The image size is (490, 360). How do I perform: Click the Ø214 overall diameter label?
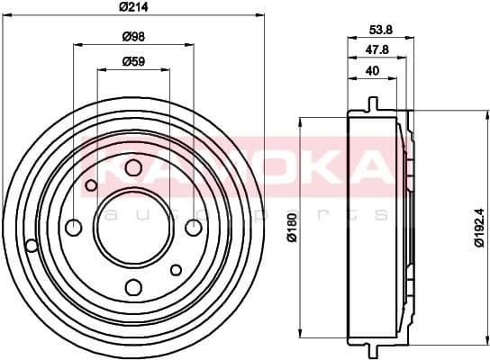(134, 8)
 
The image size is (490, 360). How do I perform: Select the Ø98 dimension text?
(134, 36)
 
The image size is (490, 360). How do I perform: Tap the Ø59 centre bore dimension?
(134, 62)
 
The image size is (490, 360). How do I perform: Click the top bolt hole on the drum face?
(133, 167)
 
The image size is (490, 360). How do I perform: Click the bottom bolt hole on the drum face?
(133, 287)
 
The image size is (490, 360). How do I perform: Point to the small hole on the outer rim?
(32, 246)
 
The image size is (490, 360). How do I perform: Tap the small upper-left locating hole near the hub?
(91, 186)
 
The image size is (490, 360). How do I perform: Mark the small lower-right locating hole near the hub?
(177, 268)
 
